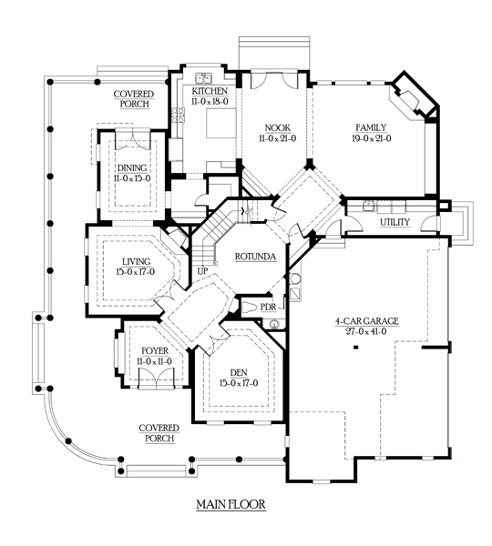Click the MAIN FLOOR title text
(231, 504)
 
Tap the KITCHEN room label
(210, 91)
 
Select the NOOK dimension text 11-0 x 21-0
(277, 138)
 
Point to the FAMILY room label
(371, 127)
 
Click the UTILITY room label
(395, 222)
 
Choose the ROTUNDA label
(256, 257)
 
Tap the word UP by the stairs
(202, 270)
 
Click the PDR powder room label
(268, 308)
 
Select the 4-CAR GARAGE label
(367, 320)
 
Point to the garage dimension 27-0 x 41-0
(366, 331)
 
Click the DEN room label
(239, 372)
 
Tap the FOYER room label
(155, 350)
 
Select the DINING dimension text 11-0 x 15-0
(132, 178)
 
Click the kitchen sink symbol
(204, 78)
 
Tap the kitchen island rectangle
(221, 123)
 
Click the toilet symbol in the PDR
(251, 308)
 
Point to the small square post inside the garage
(356, 347)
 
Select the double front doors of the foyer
(156, 379)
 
